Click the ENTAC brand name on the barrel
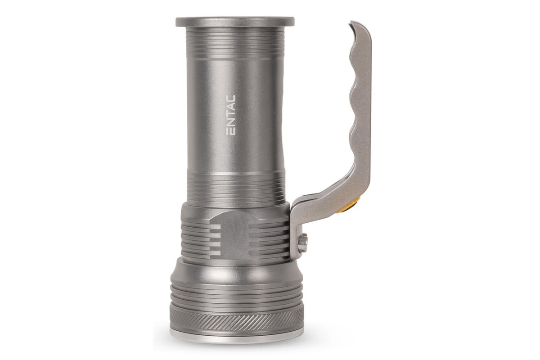pos(231,115)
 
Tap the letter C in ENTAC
pos(231,99)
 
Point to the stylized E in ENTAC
pos(231,131)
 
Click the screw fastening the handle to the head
pos(303,243)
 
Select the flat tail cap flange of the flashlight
pos(235,22)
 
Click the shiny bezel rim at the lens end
pos(237,335)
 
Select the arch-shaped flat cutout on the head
pos(233,235)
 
